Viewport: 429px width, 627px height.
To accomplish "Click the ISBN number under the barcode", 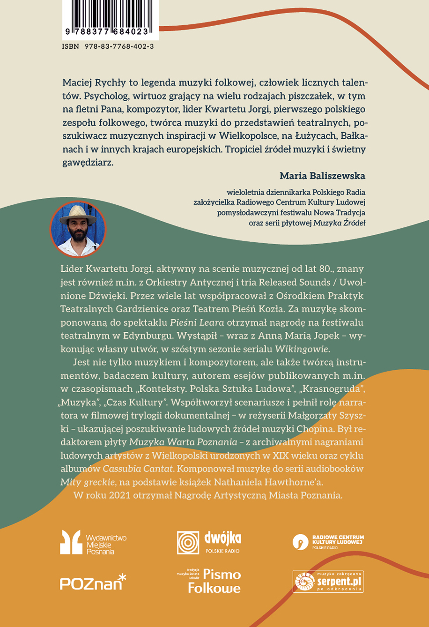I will click(107, 47).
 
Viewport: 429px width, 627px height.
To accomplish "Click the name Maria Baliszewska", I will click(322, 176).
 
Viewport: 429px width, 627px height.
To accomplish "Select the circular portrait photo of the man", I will click(78, 229).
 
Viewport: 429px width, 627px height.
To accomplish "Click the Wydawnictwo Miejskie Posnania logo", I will click(93, 543).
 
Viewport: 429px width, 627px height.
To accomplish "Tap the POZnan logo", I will click(93, 582).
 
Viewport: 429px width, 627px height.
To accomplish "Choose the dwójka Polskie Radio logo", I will click(209, 543).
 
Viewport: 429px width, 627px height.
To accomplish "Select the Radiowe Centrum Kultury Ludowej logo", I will click(328, 542).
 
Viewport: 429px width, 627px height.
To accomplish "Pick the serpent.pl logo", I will click(328, 582).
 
